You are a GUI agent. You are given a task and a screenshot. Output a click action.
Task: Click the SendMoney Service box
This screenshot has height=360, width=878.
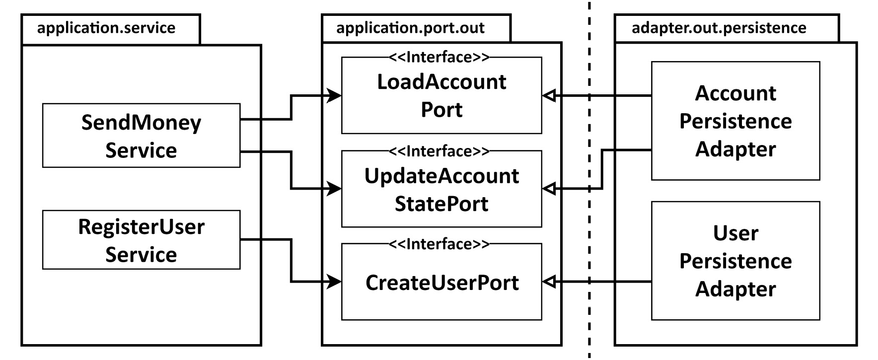point(141,136)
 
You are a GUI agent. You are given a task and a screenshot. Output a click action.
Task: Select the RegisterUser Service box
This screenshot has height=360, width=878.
point(141,240)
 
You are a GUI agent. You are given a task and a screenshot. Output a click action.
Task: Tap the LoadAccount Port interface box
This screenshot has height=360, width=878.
point(441,96)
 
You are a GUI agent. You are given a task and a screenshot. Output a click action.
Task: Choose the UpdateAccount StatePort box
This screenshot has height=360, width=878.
point(441,190)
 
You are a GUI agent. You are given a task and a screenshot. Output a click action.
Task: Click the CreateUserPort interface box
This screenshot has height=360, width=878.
point(441,283)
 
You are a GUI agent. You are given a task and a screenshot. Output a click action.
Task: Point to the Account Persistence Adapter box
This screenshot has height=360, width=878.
point(735,121)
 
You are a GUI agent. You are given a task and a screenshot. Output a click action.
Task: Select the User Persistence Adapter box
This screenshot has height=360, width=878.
point(735,261)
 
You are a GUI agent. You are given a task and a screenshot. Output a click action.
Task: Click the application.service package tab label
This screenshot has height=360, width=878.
point(106,28)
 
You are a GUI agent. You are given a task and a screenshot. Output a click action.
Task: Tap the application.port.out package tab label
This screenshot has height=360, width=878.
point(410,28)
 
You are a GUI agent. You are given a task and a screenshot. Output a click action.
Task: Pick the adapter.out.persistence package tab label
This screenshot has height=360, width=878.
point(719,28)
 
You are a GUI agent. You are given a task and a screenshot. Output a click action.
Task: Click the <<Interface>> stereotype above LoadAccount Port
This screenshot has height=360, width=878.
point(439,58)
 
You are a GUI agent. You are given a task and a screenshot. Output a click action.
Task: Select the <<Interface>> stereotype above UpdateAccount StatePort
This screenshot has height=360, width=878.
point(439,151)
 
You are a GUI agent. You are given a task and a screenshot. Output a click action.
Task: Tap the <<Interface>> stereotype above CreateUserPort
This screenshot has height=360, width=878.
point(439,244)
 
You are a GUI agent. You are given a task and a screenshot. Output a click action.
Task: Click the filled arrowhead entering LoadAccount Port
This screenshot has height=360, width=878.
point(334,95)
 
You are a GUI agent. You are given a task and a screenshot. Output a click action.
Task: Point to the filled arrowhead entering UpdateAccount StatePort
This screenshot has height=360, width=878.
point(334,189)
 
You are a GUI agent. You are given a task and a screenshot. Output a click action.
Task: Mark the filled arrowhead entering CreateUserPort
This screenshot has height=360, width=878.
point(334,282)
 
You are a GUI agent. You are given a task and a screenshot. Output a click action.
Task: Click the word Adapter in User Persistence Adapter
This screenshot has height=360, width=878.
point(735,289)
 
